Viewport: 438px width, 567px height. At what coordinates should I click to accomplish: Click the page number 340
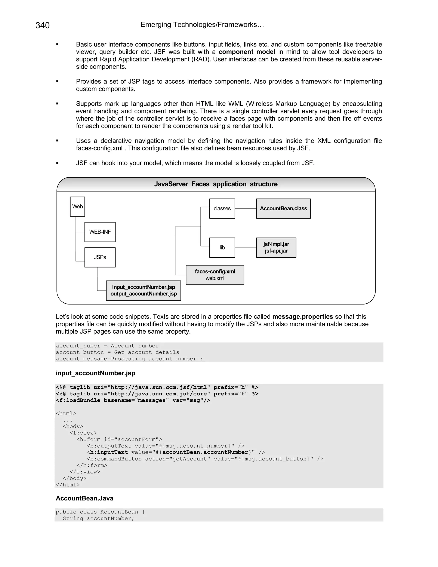(x=43, y=25)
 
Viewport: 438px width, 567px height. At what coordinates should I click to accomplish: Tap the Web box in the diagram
(x=77, y=206)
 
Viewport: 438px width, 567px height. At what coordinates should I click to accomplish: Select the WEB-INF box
(x=100, y=232)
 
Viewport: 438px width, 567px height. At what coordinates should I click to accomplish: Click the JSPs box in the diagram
(x=100, y=257)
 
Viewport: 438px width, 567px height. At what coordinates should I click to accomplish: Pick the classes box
(x=222, y=208)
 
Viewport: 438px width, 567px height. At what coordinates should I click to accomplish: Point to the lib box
(x=222, y=247)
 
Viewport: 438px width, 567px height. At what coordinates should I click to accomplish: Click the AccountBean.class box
(x=283, y=208)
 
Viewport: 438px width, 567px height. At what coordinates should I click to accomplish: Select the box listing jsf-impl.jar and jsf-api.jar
(x=276, y=247)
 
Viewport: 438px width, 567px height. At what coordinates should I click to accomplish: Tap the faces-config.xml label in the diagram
(x=215, y=272)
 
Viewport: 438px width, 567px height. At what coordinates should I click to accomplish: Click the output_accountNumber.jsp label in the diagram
(x=144, y=294)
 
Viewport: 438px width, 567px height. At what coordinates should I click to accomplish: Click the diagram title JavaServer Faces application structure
(x=216, y=184)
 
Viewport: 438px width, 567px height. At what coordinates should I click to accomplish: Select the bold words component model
(x=247, y=52)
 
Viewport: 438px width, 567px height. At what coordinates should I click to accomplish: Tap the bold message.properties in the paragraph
(x=303, y=316)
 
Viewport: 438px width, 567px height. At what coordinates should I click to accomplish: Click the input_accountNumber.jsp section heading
(x=95, y=373)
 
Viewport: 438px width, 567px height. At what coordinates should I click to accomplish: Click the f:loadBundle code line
(x=133, y=400)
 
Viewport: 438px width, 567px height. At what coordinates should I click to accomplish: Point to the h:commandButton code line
(x=205, y=459)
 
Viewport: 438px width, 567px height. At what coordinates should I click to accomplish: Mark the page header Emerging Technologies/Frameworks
(x=202, y=25)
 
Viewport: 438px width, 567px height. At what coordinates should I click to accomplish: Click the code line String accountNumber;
(x=99, y=518)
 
